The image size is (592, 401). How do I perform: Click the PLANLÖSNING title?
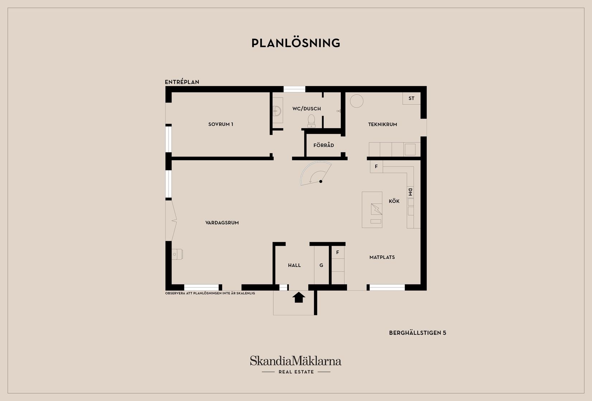(296, 43)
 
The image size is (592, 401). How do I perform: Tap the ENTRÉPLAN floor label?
(182, 82)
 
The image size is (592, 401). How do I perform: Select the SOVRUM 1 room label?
(221, 124)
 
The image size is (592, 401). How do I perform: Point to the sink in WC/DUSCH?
(277, 110)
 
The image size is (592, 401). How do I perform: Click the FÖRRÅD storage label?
(324, 145)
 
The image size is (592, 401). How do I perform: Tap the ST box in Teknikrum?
(411, 98)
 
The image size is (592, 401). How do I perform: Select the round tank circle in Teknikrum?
(357, 101)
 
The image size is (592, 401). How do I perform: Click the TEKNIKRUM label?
(382, 124)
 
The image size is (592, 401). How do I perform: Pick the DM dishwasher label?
(410, 192)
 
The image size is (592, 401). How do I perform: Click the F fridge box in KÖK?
(376, 167)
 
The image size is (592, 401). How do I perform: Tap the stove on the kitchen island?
(376, 209)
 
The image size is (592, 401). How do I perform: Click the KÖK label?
(394, 201)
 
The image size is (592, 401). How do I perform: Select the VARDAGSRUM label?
(222, 223)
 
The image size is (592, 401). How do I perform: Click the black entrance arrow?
(299, 297)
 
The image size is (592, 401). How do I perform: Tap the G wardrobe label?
(321, 265)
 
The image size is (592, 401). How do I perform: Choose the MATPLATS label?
(382, 257)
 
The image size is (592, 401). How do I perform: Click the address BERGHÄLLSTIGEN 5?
(417, 333)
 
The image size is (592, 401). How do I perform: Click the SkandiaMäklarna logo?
(295, 361)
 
